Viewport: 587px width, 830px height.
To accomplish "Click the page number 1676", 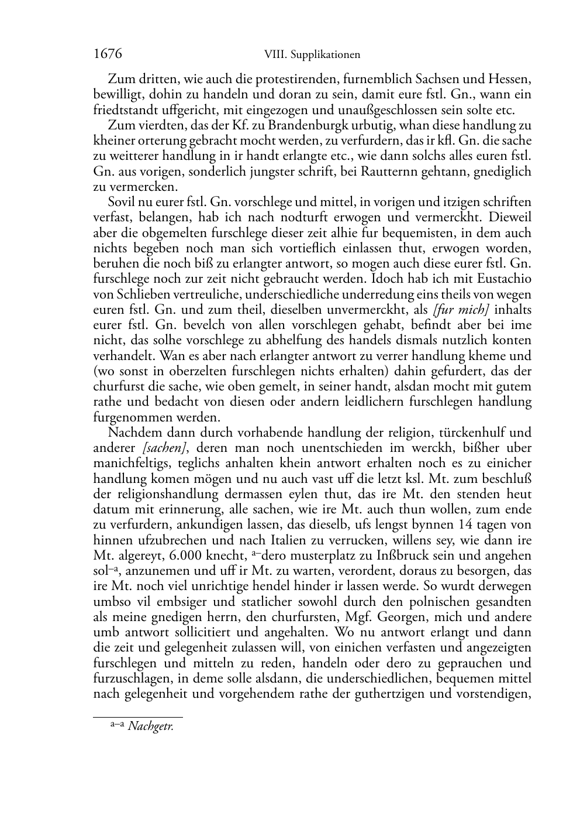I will (108, 54).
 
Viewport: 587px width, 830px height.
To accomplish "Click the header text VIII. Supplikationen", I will (312, 55).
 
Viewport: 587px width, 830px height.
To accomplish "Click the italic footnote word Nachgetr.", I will (151, 728).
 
